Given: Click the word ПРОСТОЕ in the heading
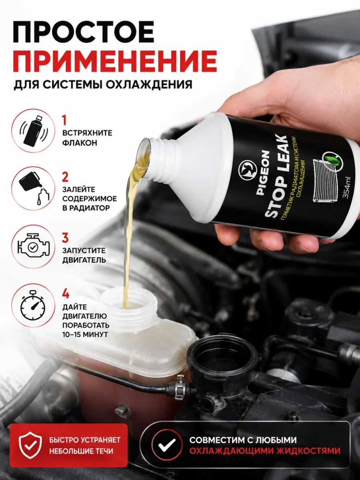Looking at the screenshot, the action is click(x=83, y=32).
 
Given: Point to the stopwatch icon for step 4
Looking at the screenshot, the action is click(x=33, y=305).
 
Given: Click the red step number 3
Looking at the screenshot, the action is click(x=65, y=238).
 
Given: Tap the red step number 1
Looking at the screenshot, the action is click(x=64, y=120).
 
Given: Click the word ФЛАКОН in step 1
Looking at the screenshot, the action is click(x=80, y=143).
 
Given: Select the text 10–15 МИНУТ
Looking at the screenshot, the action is click(x=85, y=334).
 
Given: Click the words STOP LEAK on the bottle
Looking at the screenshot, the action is click(x=276, y=177).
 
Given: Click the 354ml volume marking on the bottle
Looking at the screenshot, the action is click(x=346, y=188).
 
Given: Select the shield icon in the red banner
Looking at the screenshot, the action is click(x=30, y=446).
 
